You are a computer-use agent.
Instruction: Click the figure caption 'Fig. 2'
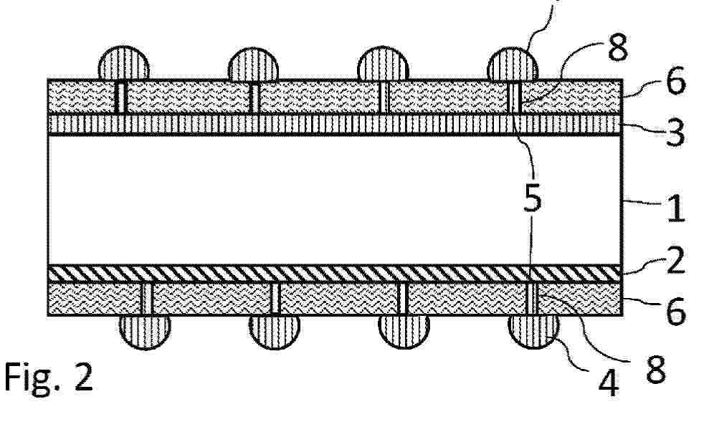49,378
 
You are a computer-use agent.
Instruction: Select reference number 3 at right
675,133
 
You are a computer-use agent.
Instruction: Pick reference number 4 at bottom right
609,383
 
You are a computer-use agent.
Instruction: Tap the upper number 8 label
618,47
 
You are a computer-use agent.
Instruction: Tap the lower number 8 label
656,369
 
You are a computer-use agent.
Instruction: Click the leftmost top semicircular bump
124,63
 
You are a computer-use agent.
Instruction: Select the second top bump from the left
253,64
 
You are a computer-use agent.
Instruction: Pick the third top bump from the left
383,63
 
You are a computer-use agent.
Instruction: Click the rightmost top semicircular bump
513,64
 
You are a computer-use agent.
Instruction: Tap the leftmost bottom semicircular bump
145,332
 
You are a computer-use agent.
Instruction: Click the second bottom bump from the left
275,332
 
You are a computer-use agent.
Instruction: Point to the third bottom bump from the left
404,332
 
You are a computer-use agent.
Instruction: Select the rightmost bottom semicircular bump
534,332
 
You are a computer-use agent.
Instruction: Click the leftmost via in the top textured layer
121,97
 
